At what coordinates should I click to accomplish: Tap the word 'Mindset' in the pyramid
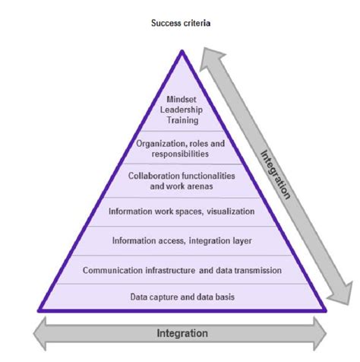182,98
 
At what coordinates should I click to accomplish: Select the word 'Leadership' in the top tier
182,109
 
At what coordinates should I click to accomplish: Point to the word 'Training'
182,120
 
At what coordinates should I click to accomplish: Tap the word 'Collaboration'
154,176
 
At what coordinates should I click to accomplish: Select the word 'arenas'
203,186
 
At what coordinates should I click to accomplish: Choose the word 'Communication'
116,269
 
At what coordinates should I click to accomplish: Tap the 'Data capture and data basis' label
182,297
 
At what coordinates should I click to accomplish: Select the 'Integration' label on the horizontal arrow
182,333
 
